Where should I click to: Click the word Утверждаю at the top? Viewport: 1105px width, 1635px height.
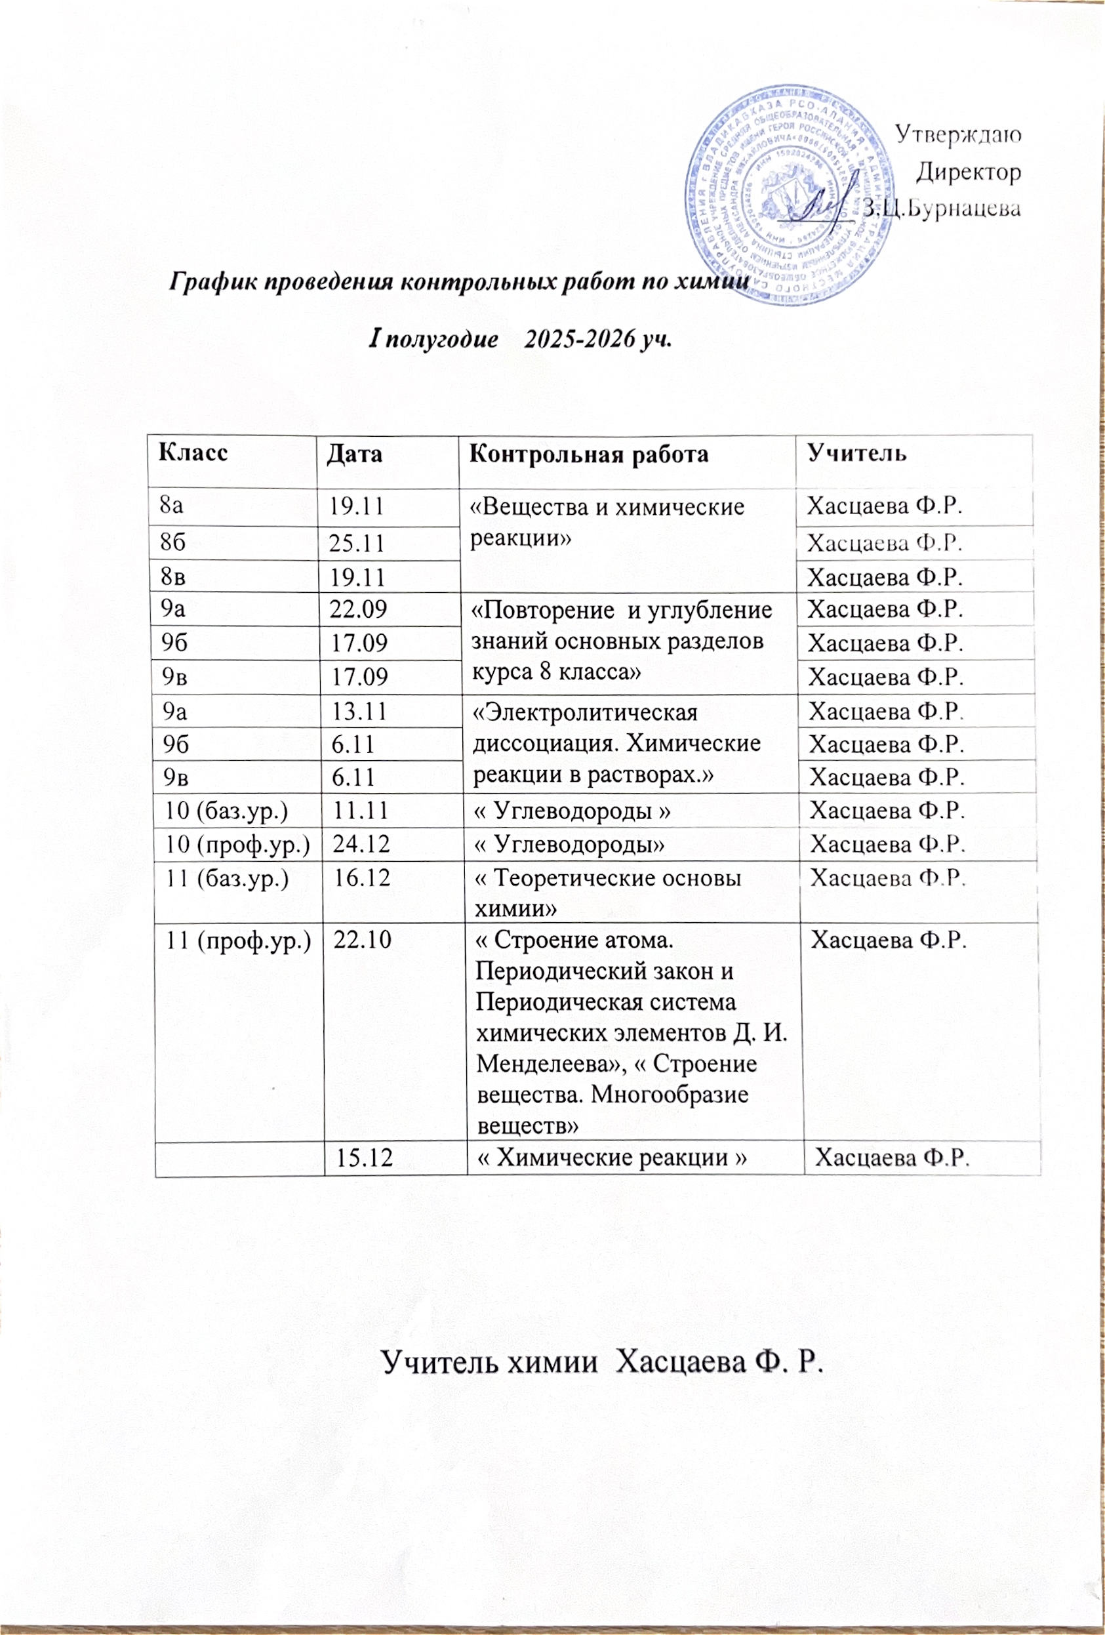[x=957, y=134]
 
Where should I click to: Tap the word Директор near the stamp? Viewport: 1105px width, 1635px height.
[x=969, y=172]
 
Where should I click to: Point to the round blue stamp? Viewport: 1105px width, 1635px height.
[x=784, y=197]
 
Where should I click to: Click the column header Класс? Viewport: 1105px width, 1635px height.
[x=193, y=452]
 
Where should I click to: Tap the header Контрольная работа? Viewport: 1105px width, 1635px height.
[x=589, y=454]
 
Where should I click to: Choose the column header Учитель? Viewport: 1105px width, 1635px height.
[x=856, y=453]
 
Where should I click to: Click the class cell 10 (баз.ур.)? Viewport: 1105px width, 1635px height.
[x=226, y=811]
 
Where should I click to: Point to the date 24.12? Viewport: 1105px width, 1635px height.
[x=361, y=843]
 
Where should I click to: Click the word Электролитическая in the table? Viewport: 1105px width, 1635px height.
[x=584, y=713]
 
